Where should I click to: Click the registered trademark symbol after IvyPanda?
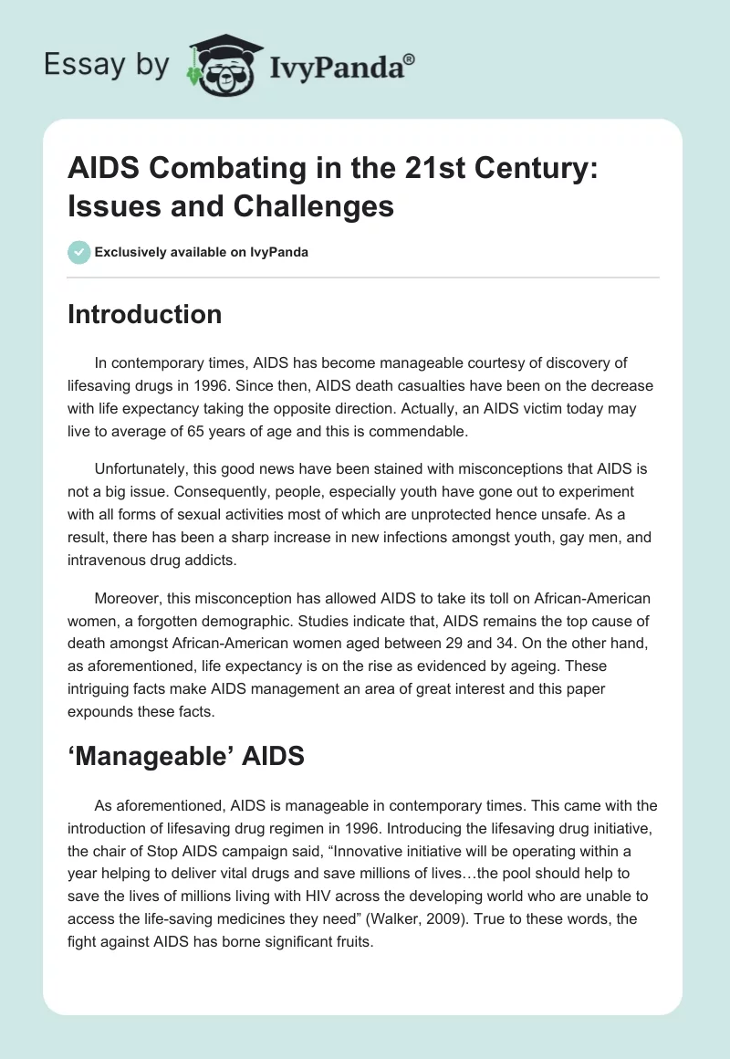pyautogui.click(x=410, y=59)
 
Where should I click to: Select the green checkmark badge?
pyautogui.click(x=78, y=252)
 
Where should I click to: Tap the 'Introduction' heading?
pyautogui.click(x=145, y=314)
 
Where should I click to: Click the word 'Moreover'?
pyautogui.click(x=124, y=599)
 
